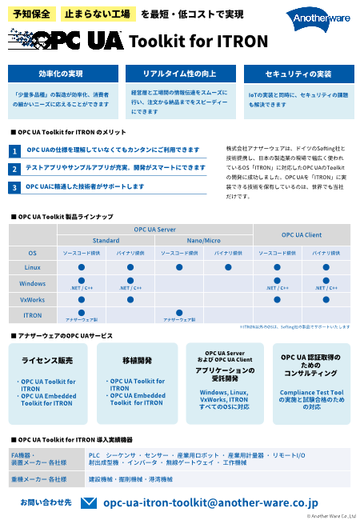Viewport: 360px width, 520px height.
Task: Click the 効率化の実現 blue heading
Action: pyautogui.click(x=61, y=74)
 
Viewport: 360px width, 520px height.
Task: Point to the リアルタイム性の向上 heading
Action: pyautogui.click(x=179, y=74)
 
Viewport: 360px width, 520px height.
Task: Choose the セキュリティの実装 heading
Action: pyautogui.click(x=298, y=74)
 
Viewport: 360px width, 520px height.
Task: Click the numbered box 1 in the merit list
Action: pyautogui.click(x=14, y=151)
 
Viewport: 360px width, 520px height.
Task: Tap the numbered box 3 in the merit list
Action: pyautogui.click(x=14, y=187)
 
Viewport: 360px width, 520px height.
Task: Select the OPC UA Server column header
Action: pyautogui.click(x=155, y=230)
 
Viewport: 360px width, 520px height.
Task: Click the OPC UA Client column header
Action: pyautogui.click(x=302, y=234)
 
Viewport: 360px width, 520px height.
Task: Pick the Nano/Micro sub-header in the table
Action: pyautogui.click(x=204, y=240)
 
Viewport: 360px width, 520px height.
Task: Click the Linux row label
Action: pyautogui.click(x=33, y=267)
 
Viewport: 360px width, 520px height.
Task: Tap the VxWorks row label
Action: pyautogui.click(x=33, y=299)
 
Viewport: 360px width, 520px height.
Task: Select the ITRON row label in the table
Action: pyautogui.click(x=33, y=315)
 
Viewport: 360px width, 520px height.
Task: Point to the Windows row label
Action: pyautogui.click(x=33, y=283)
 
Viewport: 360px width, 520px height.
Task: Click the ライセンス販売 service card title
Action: pyautogui.click(x=47, y=361)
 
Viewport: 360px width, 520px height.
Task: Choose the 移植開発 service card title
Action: pyautogui.click(x=136, y=361)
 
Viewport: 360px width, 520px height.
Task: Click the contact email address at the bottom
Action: pyautogui.click(x=211, y=503)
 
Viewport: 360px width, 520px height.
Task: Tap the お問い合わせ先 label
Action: pyautogui.click(x=46, y=502)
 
